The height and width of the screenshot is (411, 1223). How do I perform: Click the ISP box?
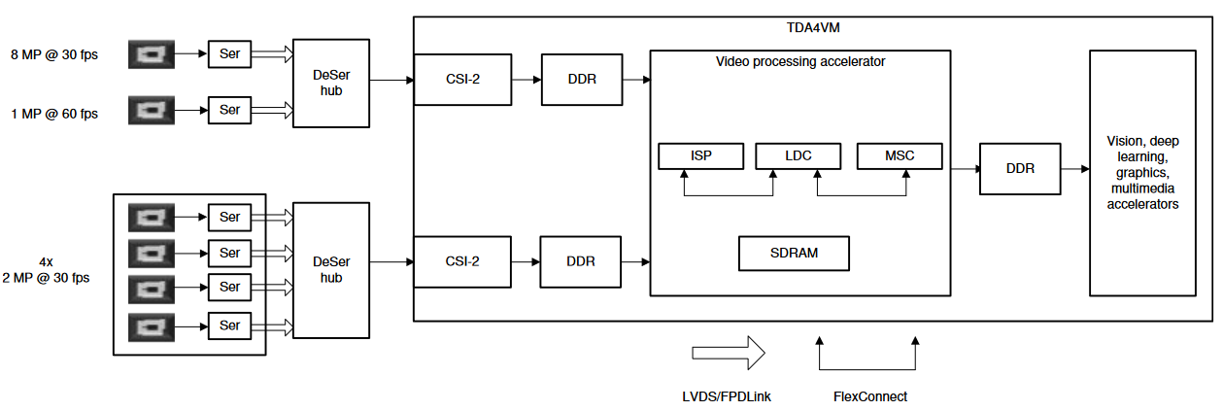pos(700,155)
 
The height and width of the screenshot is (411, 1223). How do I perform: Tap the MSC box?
pos(899,155)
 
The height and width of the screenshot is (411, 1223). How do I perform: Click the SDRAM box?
pos(794,253)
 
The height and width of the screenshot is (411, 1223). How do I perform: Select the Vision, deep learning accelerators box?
pos(1142,173)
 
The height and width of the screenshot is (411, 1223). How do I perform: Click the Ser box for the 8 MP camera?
pos(229,53)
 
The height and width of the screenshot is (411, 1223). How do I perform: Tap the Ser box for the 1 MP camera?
pos(229,111)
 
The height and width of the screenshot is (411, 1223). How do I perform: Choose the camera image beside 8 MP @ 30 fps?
pos(152,53)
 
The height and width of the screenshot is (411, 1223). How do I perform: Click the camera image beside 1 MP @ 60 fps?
pos(152,111)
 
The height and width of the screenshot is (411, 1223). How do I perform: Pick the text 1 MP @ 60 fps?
pos(54,114)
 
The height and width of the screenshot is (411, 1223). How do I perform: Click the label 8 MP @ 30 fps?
pos(54,54)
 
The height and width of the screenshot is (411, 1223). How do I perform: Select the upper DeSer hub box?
pos(331,84)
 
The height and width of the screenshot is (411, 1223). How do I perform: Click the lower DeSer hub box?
pos(331,269)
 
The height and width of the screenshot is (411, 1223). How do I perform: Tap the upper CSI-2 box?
pos(462,79)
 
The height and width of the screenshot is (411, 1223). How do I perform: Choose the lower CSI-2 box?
pos(462,261)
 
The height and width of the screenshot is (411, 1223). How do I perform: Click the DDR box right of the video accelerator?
pos(1020,168)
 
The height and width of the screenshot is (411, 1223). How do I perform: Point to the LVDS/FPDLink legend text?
pos(728,396)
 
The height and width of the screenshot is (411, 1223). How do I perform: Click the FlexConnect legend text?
pos(870,396)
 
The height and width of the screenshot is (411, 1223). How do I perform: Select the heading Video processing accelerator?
pos(800,61)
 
